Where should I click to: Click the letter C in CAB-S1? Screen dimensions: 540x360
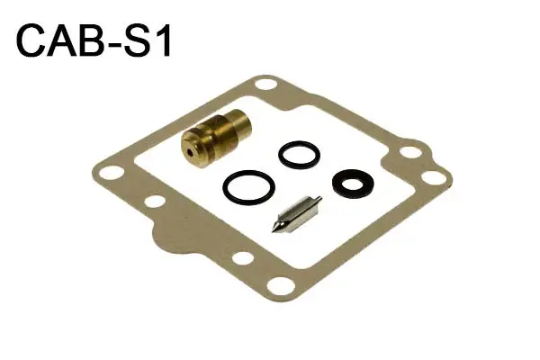point(31,40)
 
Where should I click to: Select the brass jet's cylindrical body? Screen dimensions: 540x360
point(216,138)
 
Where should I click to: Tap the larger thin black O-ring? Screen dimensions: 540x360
point(248,187)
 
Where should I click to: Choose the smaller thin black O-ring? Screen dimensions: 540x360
point(299,155)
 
